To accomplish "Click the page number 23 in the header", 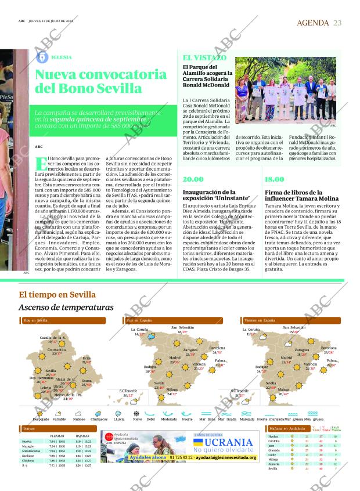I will pyautogui.click(x=337, y=23).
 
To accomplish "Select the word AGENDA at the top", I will pyautogui.click(x=313, y=23).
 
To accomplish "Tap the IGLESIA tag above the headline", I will pyautogui.click(x=62, y=57).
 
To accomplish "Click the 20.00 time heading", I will pyautogui.click(x=193, y=179).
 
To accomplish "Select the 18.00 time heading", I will pyautogui.click(x=275, y=179).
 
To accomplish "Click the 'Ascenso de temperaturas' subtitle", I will pyautogui.click(x=66, y=307).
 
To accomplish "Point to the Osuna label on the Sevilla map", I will pyautogui.click(x=87, y=381).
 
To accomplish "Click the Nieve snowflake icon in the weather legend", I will pyautogui.click(x=136, y=413).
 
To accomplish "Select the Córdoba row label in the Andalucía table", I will pyautogui.click(x=275, y=441).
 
